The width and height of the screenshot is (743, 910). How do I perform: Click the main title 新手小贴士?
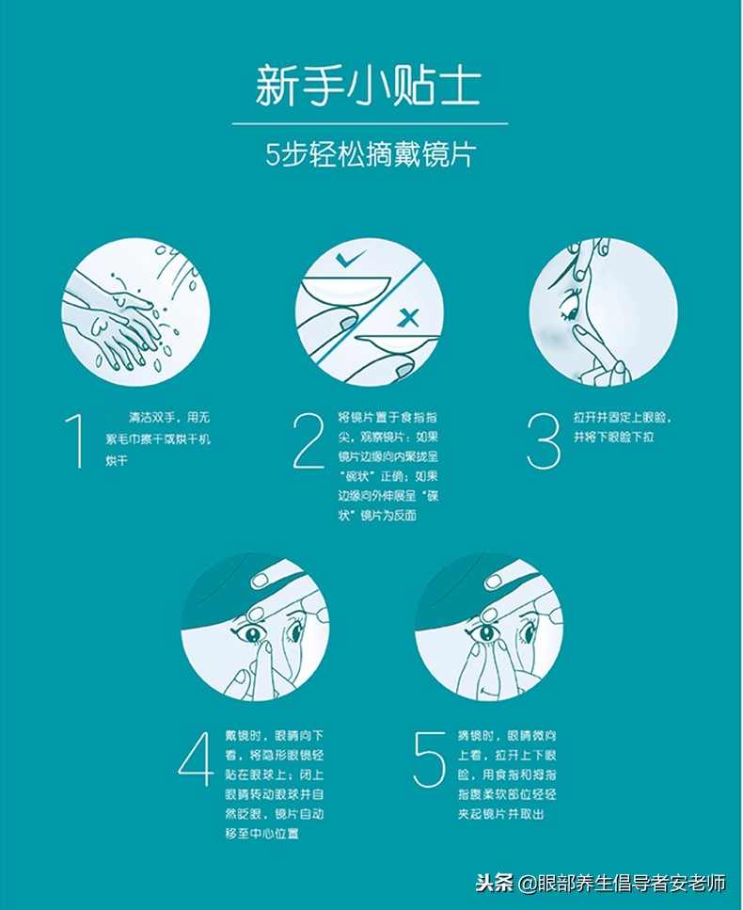[x=369, y=86]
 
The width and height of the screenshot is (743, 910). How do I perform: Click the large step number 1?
[x=74, y=439]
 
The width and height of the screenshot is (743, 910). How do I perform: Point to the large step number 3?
[x=543, y=439]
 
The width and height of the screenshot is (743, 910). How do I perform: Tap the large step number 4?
[x=196, y=758]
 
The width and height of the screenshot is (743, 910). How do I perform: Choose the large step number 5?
[x=430, y=758]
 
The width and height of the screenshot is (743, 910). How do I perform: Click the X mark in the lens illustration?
[x=408, y=319]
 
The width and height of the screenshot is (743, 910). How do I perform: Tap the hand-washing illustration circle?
[x=135, y=311]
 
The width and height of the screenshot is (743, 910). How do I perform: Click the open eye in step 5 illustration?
[x=486, y=632]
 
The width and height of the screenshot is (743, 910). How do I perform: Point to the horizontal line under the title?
[x=369, y=122]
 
